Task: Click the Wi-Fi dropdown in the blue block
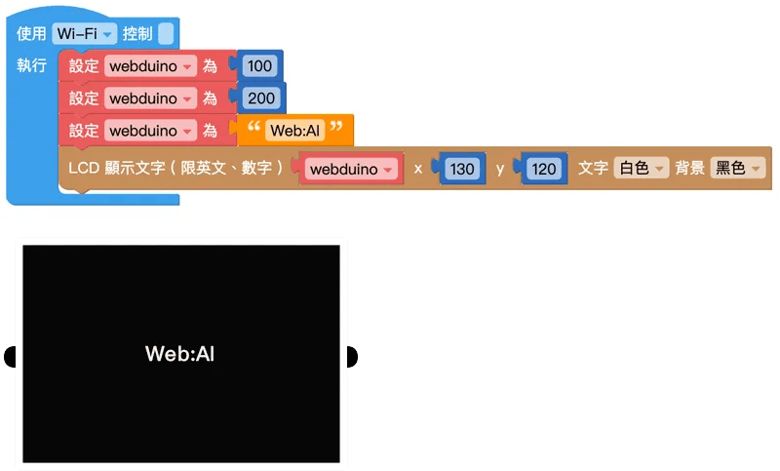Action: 84,34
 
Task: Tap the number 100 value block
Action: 259,65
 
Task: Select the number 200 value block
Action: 261,98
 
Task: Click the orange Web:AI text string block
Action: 295,131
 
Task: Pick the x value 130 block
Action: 461,169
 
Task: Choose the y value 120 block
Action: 543,169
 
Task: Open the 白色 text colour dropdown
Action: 641,168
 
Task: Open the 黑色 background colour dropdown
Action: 737,168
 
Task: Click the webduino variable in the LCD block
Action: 351,169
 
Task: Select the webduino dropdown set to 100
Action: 150,66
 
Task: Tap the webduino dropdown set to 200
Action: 150,98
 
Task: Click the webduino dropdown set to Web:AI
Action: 150,131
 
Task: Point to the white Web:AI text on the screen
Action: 179,354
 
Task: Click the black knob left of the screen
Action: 10,357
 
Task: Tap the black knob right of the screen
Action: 352,357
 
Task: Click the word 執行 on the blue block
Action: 32,65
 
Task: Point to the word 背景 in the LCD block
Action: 689,168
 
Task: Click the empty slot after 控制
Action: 166,34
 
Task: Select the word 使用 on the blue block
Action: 31,33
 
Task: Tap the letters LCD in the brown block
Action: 84,168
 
